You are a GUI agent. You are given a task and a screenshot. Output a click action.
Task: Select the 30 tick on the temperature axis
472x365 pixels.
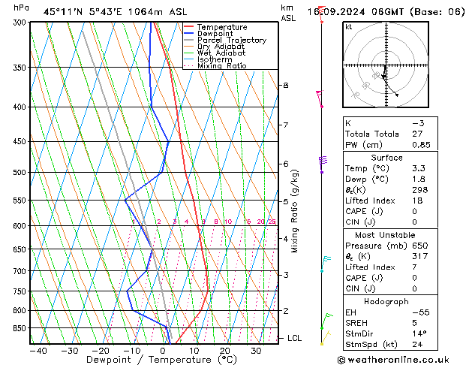(x=256, y=351)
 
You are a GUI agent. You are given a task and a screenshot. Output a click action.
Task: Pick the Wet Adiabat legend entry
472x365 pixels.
(x=222, y=53)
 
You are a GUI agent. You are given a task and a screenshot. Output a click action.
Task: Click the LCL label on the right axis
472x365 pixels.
(x=294, y=339)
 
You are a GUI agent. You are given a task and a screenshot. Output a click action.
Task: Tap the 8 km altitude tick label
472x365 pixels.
(x=286, y=86)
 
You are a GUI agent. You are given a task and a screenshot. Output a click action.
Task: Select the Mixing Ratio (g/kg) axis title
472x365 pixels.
(x=296, y=211)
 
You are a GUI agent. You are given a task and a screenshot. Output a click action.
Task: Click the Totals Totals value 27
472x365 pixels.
(x=417, y=134)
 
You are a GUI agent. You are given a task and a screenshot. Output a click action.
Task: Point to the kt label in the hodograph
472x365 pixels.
(x=349, y=27)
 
